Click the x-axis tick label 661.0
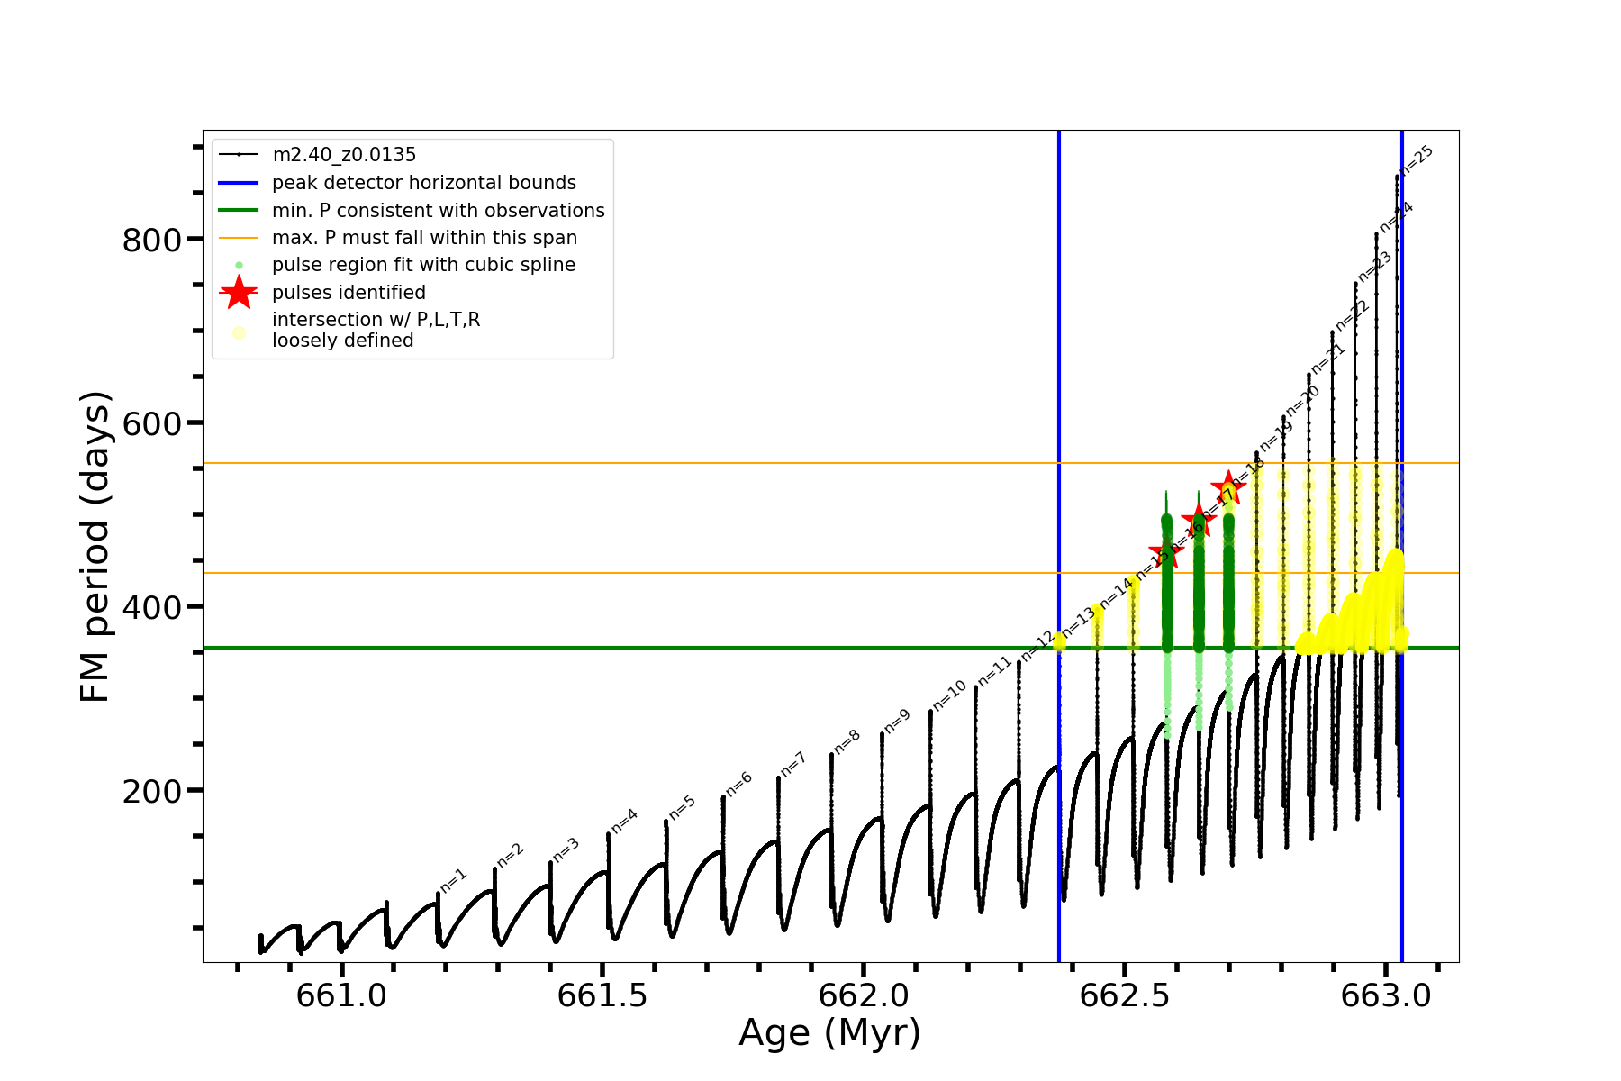point(341,995)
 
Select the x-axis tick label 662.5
point(1125,995)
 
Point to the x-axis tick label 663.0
point(1386,995)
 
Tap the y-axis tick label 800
point(151,241)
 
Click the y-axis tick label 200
point(151,792)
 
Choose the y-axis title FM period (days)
point(95,547)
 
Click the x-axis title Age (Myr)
point(829,1033)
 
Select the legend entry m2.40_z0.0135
point(344,155)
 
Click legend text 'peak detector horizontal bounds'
point(424,183)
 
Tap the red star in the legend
point(239,293)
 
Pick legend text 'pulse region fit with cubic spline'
point(423,265)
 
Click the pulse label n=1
point(454,880)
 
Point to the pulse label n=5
point(683,808)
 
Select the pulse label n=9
point(897,722)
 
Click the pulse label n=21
point(1328,359)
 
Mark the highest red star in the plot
point(1228,488)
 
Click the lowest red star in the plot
point(1166,551)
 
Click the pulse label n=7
point(792,765)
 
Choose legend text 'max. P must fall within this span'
point(424,238)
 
